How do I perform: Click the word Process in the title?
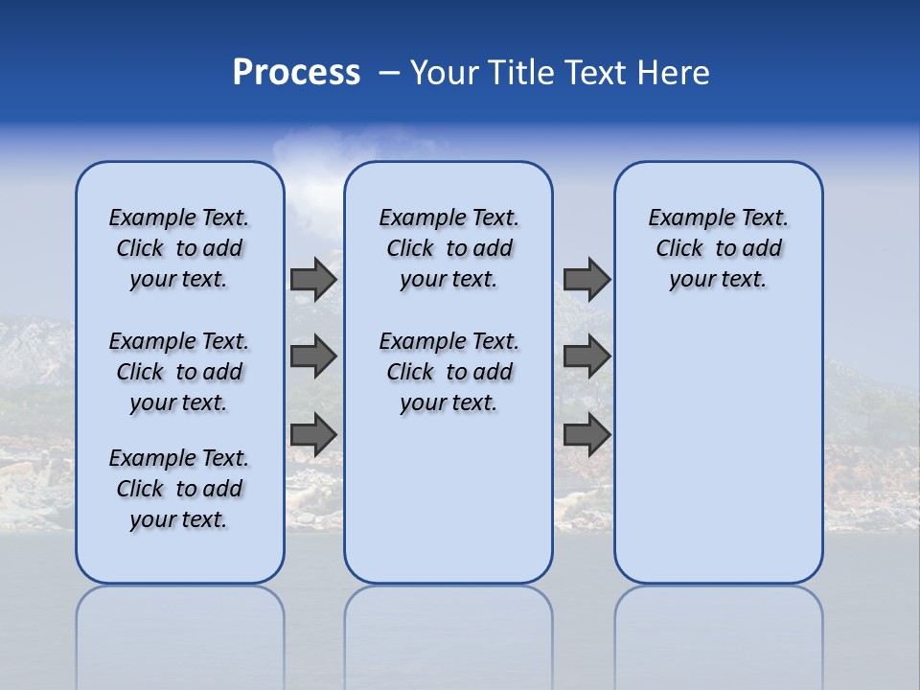(x=296, y=72)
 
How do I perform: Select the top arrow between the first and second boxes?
(x=313, y=279)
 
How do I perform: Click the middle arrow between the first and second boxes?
(x=313, y=356)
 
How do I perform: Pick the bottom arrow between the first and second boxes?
(x=313, y=434)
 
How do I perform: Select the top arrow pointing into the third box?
(x=586, y=279)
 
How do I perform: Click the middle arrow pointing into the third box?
(x=586, y=356)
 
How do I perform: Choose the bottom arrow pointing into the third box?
(x=586, y=434)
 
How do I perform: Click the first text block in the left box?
(x=179, y=248)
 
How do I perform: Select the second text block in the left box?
(x=179, y=372)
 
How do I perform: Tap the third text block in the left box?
(x=179, y=489)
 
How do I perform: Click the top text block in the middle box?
(x=448, y=248)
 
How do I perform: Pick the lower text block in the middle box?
(x=448, y=372)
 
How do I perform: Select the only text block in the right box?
(x=719, y=248)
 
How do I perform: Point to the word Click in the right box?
(x=679, y=249)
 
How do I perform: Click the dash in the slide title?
(x=389, y=72)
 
